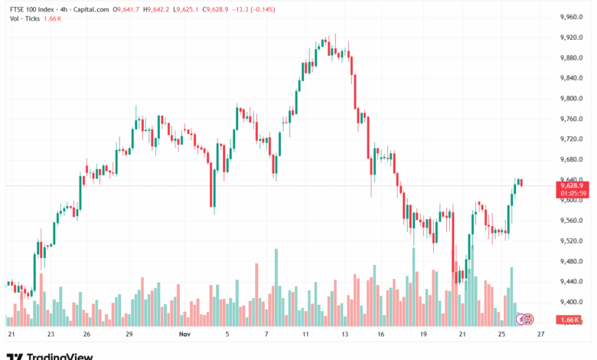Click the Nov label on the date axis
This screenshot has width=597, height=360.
[183, 335]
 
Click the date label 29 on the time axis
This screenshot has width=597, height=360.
[129, 335]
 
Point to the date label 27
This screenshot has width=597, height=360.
[540, 335]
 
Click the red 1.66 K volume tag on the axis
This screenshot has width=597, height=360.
[569, 319]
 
